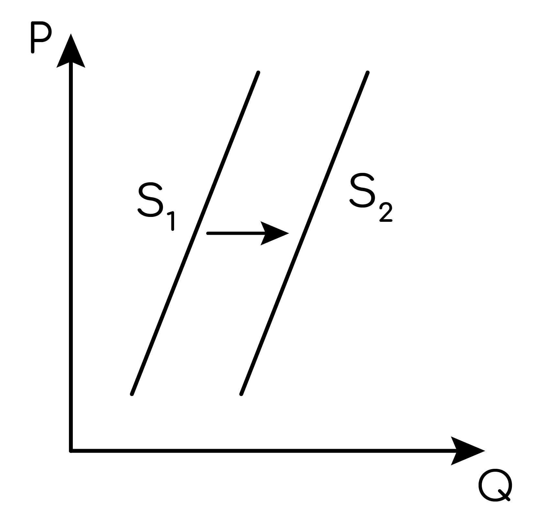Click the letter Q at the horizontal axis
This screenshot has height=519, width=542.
(x=495, y=486)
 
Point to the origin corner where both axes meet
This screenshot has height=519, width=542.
(x=71, y=451)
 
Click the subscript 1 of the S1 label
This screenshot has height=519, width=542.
(x=171, y=221)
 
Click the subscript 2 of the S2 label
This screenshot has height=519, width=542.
(x=385, y=212)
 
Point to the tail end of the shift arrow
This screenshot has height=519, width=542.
(x=208, y=233)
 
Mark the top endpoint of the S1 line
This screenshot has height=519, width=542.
(x=259, y=73)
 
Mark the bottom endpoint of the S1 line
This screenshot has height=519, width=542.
(x=132, y=394)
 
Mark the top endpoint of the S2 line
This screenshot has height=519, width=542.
(x=368, y=73)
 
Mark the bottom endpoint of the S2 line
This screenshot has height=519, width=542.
(x=241, y=394)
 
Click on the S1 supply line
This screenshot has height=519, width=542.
(x=195, y=233)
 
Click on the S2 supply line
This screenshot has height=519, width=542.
(x=304, y=233)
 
